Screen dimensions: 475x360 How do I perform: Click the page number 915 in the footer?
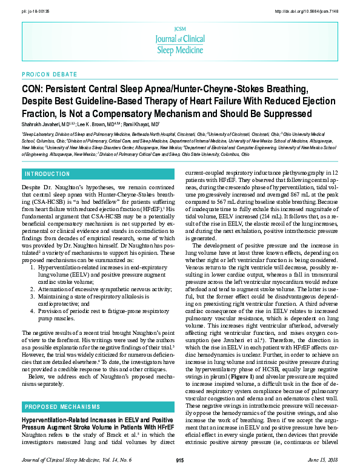click(x=179, y=460)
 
